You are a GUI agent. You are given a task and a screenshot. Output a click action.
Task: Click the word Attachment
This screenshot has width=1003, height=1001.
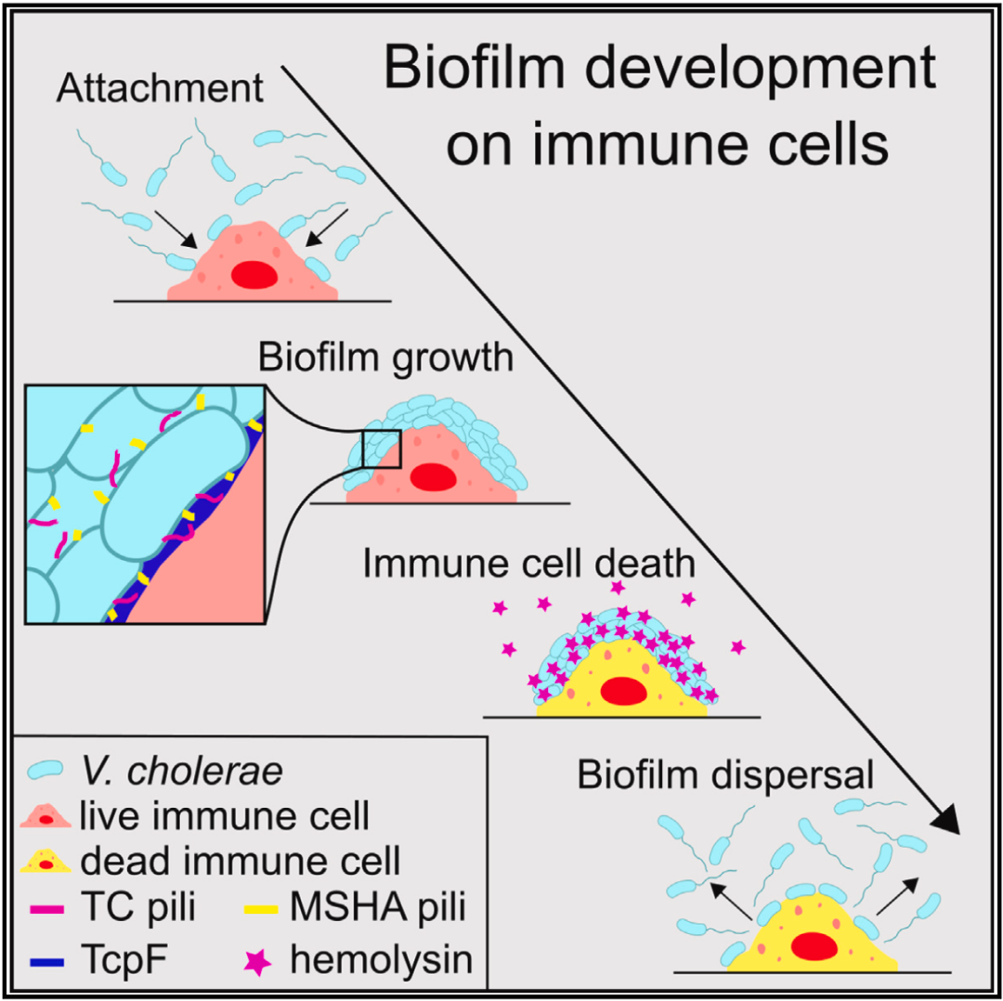[x=160, y=90]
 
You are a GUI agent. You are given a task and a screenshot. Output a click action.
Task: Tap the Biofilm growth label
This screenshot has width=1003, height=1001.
[x=385, y=356]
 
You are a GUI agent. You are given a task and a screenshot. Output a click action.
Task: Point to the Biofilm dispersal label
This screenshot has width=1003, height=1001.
[x=725, y=774]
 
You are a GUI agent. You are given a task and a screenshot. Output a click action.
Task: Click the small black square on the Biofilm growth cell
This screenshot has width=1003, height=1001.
[x=381, y=448]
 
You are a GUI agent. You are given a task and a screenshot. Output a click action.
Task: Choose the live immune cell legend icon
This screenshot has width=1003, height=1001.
[x=45, y=818]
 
